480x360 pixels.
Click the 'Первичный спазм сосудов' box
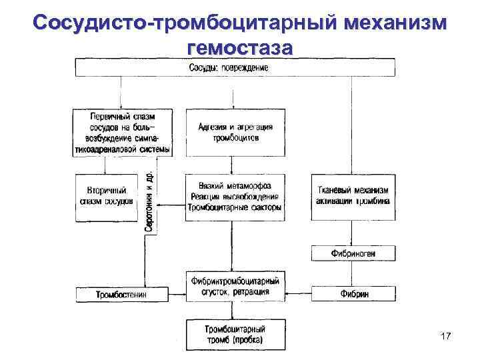[121, 132]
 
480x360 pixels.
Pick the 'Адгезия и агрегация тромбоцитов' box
[235, 132]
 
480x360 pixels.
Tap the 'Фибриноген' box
[353, 253]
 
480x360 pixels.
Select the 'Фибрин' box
[353, 294]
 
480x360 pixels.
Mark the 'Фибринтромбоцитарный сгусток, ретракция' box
[235, 287]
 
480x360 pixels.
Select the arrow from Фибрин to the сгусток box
[298, 294]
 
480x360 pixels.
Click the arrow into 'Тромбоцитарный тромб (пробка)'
[235, 311]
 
